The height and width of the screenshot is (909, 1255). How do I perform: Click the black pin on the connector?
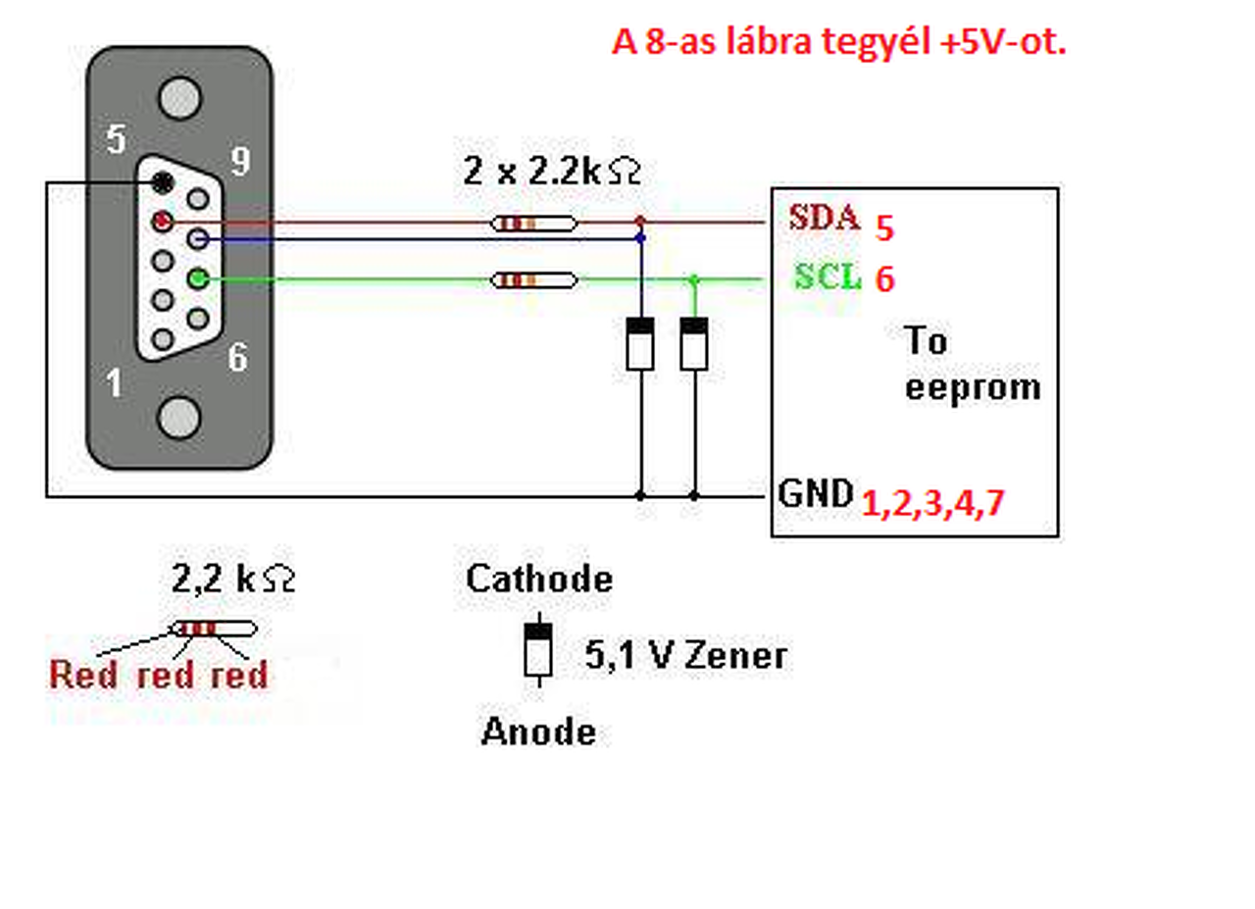163,182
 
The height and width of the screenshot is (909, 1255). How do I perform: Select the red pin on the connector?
163,222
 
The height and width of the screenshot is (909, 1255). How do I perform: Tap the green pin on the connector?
198,278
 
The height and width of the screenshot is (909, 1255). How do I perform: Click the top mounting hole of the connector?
179,98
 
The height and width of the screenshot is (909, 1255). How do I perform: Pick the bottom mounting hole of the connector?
179,418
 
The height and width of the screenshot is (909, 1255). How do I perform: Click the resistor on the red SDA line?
533,224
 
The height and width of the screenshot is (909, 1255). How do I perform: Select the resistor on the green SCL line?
533,279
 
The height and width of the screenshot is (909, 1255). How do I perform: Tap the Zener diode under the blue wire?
640,343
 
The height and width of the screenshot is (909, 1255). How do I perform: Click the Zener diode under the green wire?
693,343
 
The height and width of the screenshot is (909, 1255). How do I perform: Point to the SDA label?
824,218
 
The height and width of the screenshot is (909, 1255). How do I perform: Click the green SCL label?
828,277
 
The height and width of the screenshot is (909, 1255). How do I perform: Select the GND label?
816,493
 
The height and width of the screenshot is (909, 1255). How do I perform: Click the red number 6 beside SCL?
884,278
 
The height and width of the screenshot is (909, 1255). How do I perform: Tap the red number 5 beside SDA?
884,228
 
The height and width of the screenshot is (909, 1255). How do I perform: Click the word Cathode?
539,579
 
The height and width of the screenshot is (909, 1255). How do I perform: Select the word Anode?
538,732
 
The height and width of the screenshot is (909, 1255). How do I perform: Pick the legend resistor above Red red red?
214,629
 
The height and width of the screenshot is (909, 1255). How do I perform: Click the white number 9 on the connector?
241,161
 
